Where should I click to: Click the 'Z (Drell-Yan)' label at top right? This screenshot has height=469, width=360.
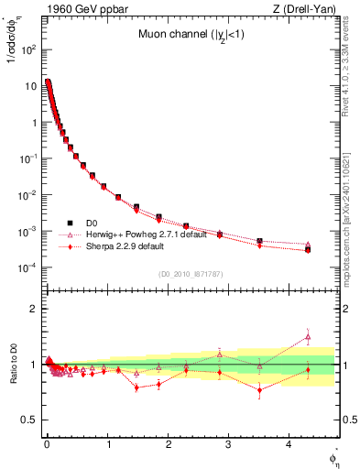310,9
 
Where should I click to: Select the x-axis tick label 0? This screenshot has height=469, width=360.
47,446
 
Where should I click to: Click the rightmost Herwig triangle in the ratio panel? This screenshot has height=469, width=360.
308,336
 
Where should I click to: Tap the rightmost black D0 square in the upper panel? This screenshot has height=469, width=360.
308,249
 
